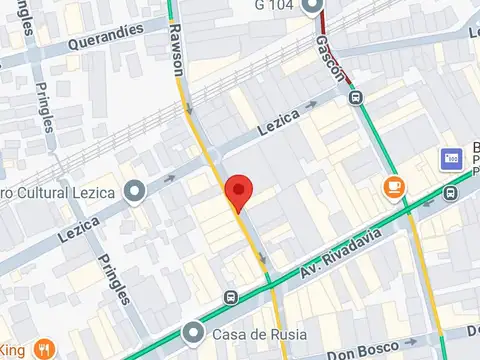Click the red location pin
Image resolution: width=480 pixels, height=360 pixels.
point(238,190)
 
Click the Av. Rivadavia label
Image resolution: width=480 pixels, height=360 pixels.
point(338,263)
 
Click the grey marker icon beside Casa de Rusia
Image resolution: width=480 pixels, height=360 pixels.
point(195,332)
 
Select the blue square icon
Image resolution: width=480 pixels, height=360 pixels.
point(451,158)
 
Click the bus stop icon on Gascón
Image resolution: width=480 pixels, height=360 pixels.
point(355,98)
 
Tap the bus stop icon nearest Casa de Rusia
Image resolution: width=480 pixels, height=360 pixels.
point(232,297)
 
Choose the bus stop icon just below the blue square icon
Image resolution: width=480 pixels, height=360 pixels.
point(451,192)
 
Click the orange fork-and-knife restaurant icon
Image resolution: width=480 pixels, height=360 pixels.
point(43,350)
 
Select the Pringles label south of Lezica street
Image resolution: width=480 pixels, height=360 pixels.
point(114,279)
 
